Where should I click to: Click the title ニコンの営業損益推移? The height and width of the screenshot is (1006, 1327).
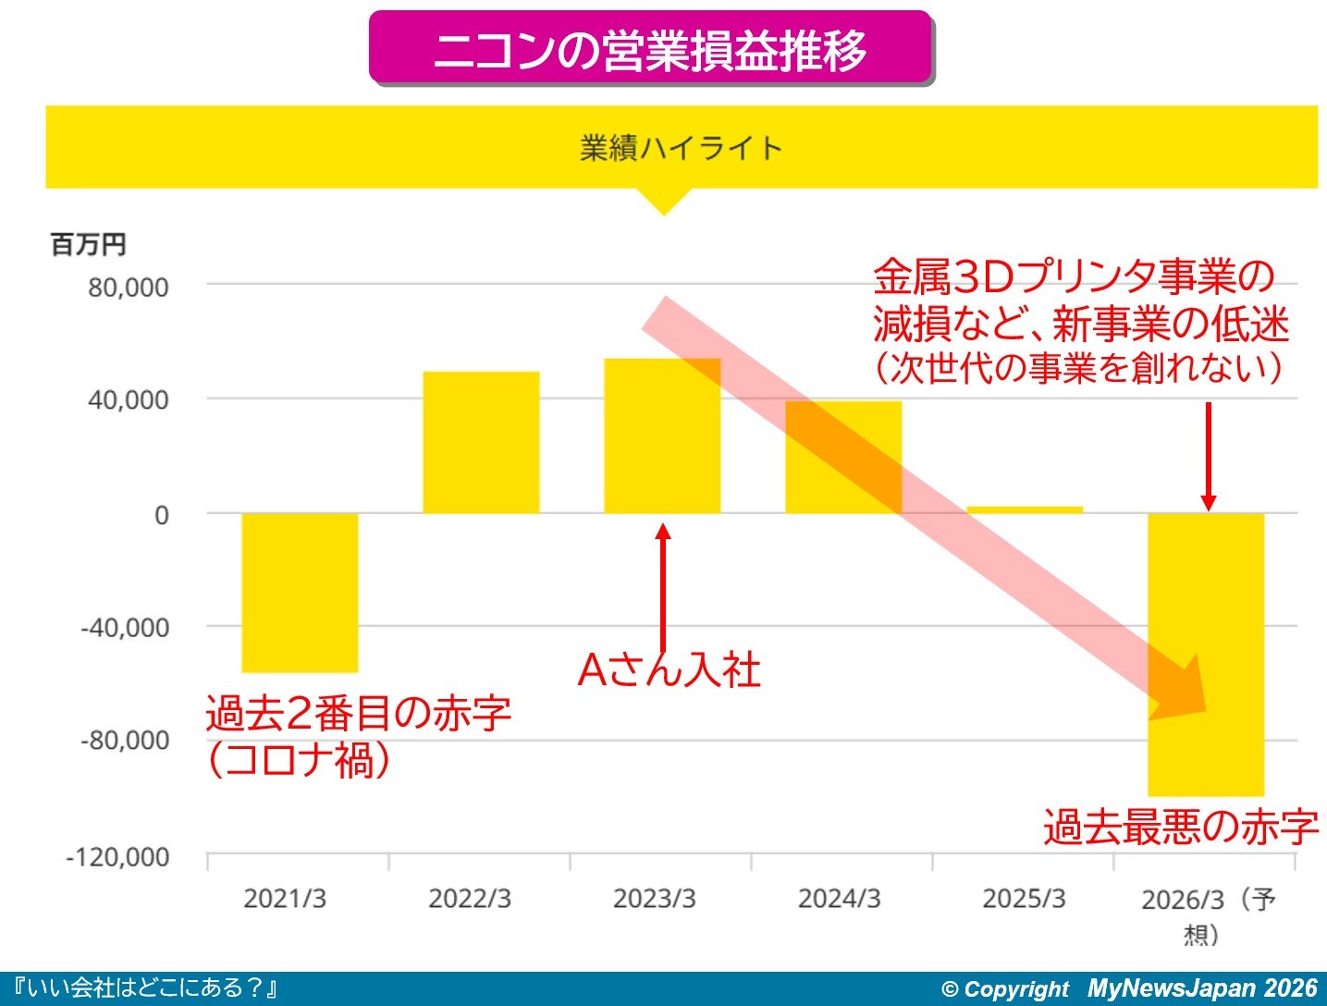650,50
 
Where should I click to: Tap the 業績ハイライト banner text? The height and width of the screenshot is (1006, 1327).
681,148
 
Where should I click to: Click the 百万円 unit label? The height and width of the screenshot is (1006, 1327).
88,245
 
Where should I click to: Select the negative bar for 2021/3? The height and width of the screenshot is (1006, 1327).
300,592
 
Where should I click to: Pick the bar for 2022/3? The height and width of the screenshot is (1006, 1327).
481,442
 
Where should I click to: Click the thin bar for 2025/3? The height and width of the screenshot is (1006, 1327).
1024,509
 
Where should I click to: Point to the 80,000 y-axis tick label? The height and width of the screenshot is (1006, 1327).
129,287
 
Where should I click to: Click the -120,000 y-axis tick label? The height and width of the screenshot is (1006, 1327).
117,857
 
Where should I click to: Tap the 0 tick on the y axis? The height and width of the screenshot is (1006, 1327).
162,515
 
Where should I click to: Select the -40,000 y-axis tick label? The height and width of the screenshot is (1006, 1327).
125,628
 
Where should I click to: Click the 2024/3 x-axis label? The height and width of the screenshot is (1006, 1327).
839,899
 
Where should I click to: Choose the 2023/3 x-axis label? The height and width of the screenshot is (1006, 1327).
654,899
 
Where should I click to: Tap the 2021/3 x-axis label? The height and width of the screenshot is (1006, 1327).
285,899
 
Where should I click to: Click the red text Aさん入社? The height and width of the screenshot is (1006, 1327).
669,669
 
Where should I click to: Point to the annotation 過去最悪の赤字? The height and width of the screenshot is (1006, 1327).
1181,827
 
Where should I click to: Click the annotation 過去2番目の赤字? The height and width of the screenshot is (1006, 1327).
358,713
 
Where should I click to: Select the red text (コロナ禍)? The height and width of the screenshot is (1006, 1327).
298,760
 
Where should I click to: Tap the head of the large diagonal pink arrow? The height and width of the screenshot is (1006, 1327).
1184,689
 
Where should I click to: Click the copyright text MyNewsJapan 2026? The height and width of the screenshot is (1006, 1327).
1201,988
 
